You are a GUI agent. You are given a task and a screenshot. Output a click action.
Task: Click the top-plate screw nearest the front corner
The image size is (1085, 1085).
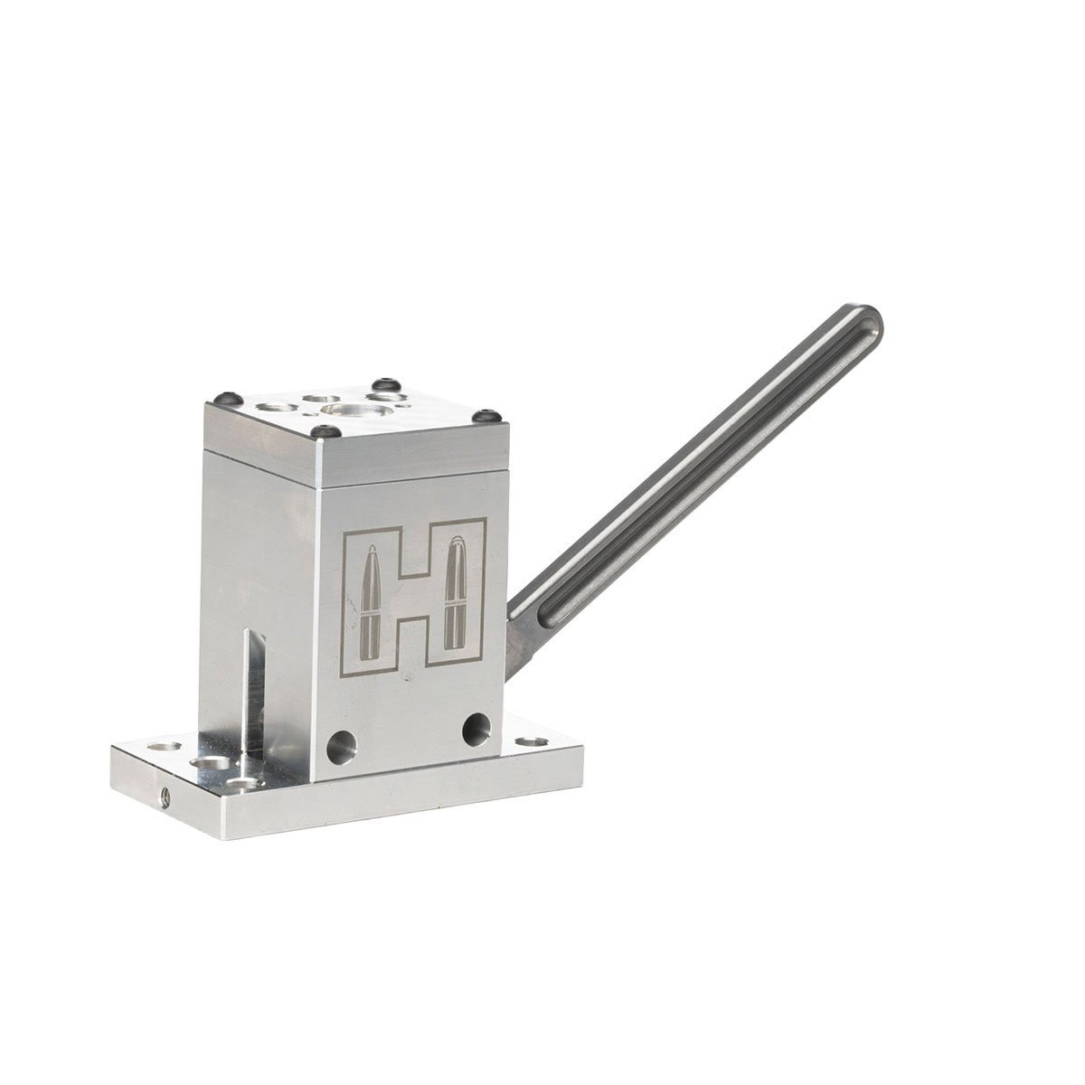326,431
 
